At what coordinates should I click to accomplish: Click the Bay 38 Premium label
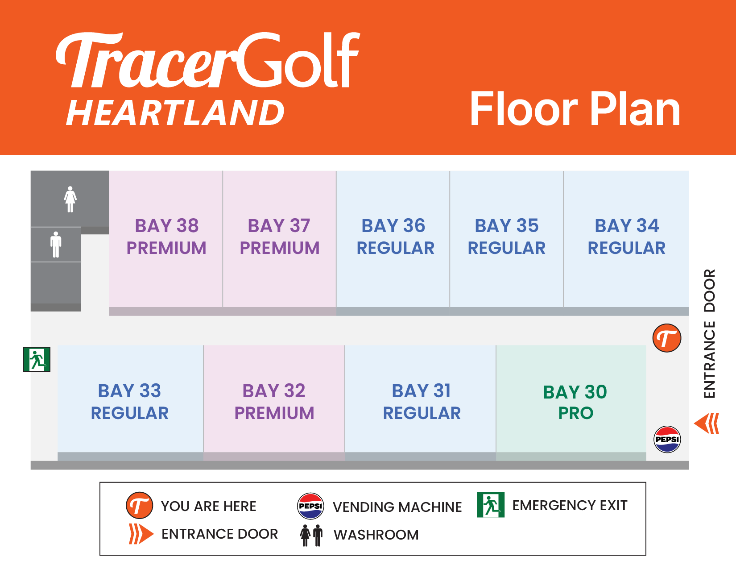[x=166, y=237]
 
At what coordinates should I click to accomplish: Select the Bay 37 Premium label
[x=279, y=237]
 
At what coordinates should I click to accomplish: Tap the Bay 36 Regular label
[x=395, y=237]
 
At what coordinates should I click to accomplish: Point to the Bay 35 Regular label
[x=507, y=237]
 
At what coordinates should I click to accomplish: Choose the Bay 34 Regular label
[x=627, y=237]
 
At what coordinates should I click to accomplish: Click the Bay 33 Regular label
[x=130, y=402]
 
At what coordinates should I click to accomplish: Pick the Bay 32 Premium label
[x=274, y=402]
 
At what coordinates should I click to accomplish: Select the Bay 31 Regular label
[x=422, y=402]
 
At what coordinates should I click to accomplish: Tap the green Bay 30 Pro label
[x=575, y=402]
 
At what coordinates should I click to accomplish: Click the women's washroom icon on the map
[x=70, y=199]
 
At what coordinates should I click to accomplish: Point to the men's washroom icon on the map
[x=56, y=245]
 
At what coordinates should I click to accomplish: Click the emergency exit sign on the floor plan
[x=37, y=359]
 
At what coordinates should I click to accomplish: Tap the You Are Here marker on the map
[x=667, y=338]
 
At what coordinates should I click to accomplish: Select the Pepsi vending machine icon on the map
[x=667, y=439]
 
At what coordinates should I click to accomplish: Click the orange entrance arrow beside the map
[x=707, y=423]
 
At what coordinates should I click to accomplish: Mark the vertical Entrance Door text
[x=710, y=334]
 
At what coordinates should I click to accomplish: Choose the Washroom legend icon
[x=311, y=536]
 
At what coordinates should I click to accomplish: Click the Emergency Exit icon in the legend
[x=490, y=505]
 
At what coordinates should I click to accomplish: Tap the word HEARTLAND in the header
[x=175, y=113]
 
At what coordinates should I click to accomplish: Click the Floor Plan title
[x=575, y=109]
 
